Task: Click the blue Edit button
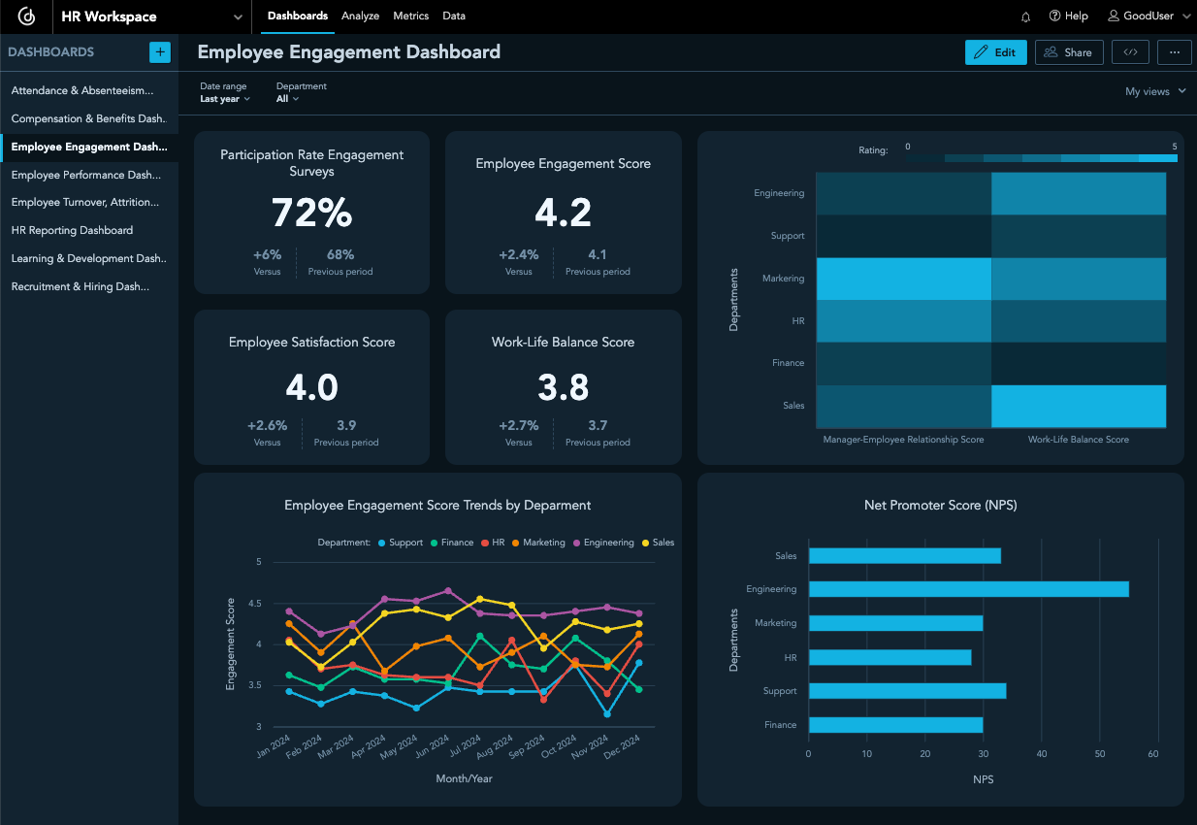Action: click(995, 52)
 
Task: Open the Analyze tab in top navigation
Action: click(360, 16)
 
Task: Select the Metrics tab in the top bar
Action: click(411, 16)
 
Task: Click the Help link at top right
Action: click(1068, 16)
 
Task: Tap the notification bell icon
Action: click(1026, 16)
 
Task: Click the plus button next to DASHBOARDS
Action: click(160, 52)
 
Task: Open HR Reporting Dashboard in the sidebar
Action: click(72, 231)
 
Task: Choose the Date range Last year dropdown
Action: click(225, 99)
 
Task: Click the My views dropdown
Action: click(1155, 91)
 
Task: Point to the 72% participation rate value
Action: click(311, 213)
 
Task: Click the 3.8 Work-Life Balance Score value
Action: click(563, 387)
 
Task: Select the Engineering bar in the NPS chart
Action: click(968, 589)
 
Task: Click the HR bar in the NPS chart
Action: click(890, 657)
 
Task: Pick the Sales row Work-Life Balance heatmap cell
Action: click(1079, 406)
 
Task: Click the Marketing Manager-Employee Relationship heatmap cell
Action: click(903, 279)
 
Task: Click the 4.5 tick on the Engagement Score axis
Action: click(256, 603)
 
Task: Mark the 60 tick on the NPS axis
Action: click(1153, 753)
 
